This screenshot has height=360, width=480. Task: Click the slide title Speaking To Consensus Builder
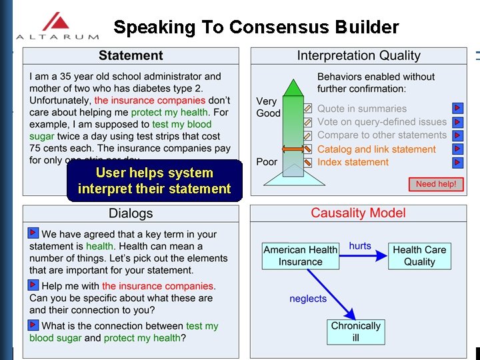[x=256, y=27]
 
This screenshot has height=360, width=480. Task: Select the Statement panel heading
[x=131, y=56]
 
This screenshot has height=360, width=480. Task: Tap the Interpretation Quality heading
[x=359, y=56]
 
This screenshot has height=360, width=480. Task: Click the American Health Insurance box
[x=300, y=256]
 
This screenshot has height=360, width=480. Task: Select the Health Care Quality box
[x=419, y=256]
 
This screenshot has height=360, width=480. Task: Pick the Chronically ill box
[x=355, y=331]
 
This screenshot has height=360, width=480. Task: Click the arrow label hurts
[x=360, y=246]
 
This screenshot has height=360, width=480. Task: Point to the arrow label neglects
[x=308, y=299]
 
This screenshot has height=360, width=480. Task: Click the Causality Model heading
[x=358, y=213]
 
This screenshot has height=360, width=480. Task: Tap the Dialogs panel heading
[x=131, y=213]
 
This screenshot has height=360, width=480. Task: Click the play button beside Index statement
[x=457, y=162]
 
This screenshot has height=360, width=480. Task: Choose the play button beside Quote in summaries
[x=457, y=108]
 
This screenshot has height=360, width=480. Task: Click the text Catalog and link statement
[x=377, y=149]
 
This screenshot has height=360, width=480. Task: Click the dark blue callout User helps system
[x=154, y=181]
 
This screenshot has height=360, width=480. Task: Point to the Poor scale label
[x=267, y=162]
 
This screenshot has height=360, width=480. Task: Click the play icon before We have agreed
[x=33, y=233]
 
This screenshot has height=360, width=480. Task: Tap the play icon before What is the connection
[x=33, y=325]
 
